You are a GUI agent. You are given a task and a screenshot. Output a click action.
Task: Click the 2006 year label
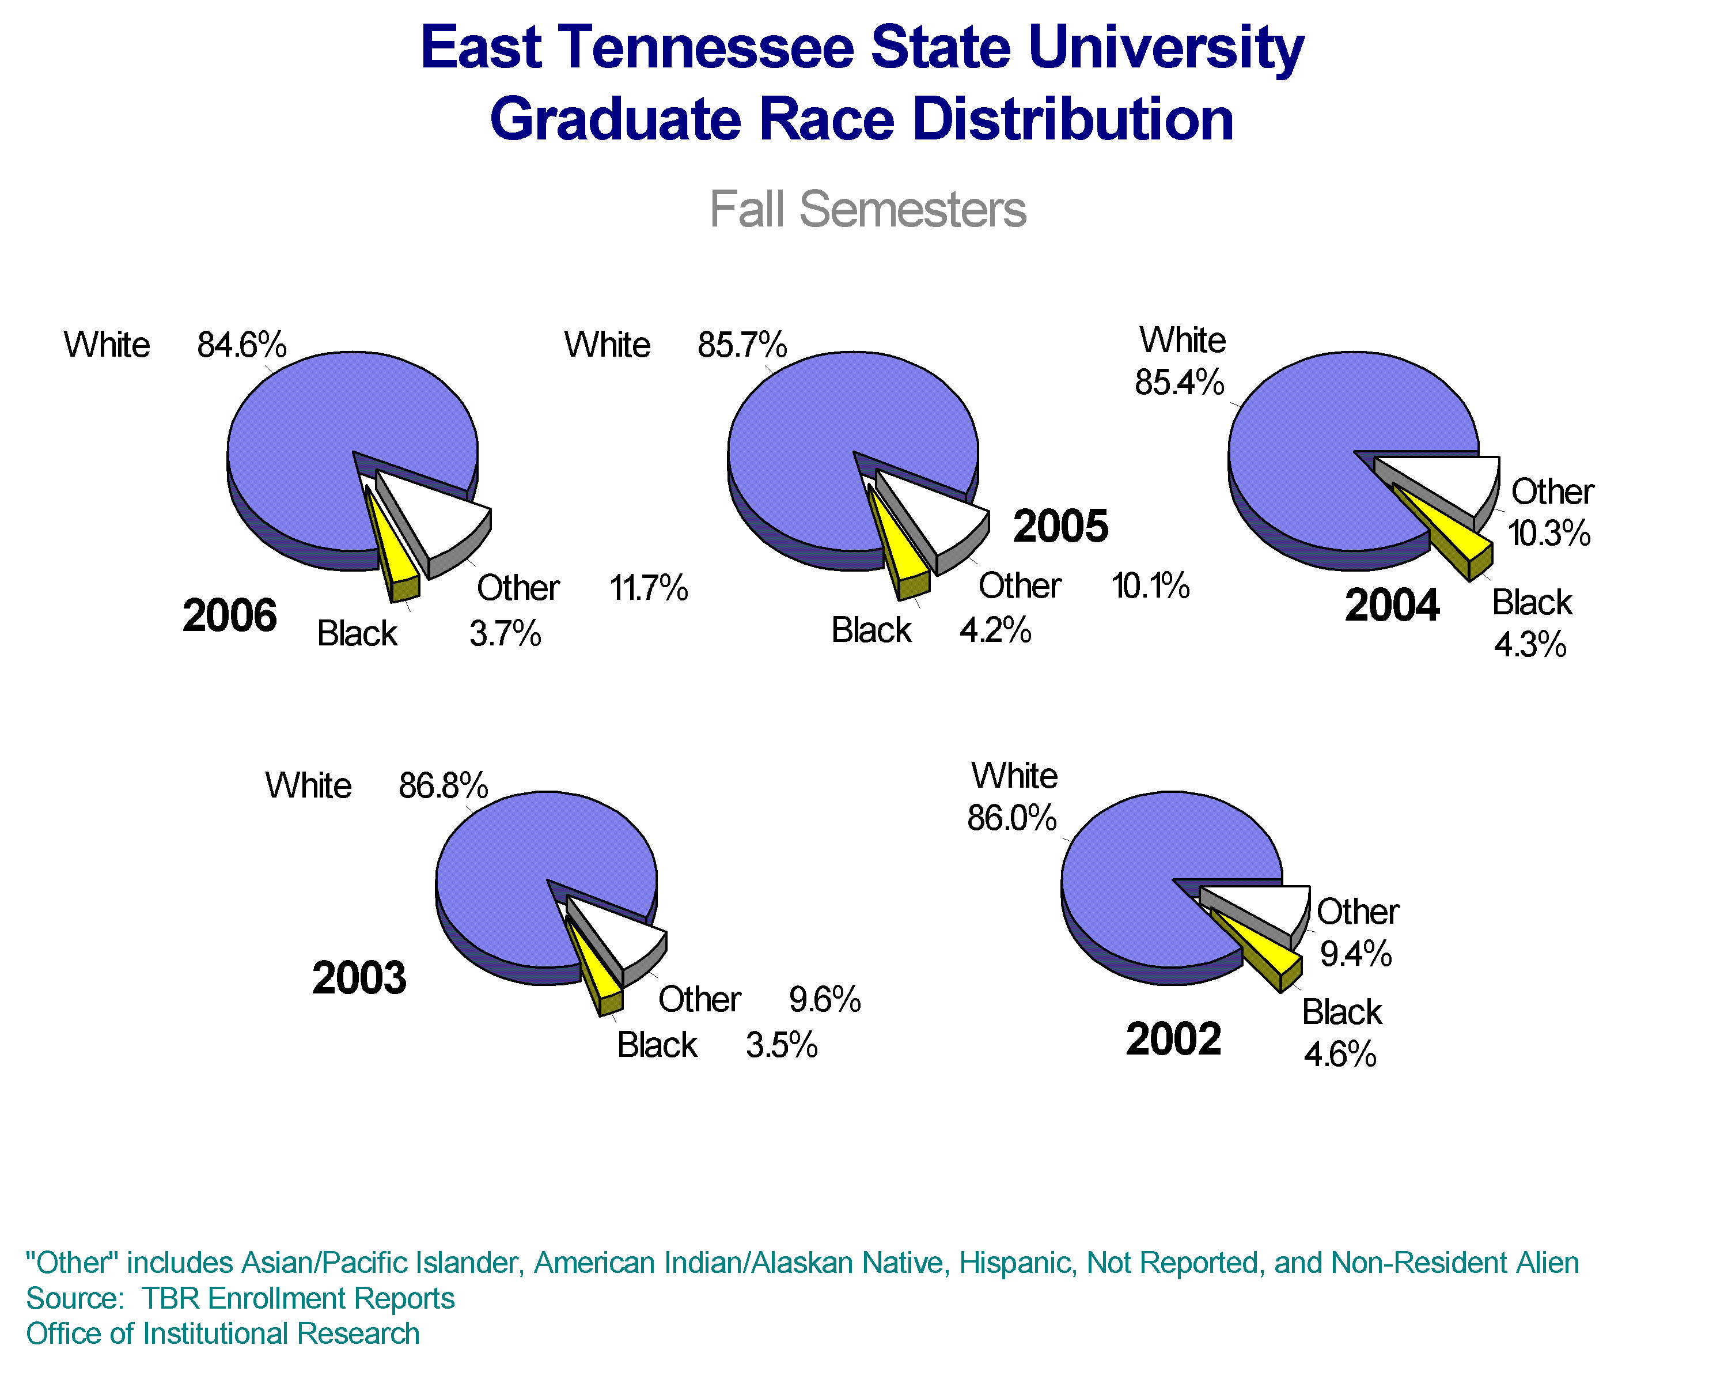pos(229,616)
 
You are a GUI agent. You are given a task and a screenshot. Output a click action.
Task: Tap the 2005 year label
pos(1060,526)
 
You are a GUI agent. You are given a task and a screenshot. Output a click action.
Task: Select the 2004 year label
pos(1392,604)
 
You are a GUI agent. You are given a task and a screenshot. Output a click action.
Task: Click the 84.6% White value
pos(241,346)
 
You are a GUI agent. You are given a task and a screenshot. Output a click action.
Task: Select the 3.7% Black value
pos(505,634)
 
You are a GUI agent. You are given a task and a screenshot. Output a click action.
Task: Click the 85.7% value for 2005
pos(741,346)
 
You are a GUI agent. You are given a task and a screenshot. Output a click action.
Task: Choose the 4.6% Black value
pos(1339,1055)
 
